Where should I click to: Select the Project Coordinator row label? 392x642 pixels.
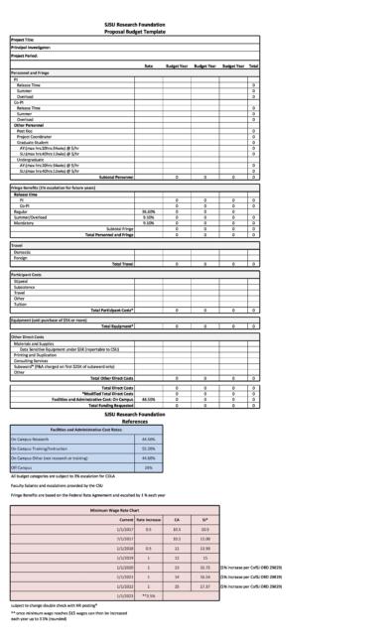point(38,135)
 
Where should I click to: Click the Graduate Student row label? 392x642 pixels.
point(35,141)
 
